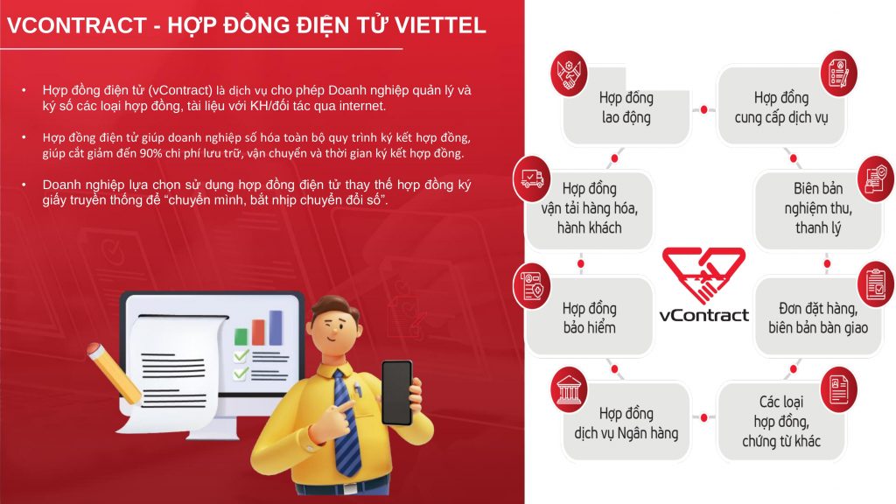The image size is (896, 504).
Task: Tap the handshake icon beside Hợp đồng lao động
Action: click(569, 73)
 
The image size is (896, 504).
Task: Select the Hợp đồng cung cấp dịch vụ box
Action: click(781, 106)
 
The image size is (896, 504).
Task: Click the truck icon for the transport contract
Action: click(532, 178)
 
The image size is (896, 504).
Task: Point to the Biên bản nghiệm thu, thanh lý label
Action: click(818, 208)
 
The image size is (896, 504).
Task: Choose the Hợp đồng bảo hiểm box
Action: click(589, 316)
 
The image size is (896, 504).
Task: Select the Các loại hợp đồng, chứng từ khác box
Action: click(781, 421)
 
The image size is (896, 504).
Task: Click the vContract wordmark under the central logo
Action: click(704, 315)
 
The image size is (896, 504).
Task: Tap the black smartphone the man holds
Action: click(397, 393)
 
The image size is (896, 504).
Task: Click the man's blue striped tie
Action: click(346, 423)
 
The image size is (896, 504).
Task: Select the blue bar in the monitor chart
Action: click(276, 327)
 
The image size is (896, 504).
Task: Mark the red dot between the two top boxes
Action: click(704, 109)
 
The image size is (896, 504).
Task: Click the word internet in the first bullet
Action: click(362, 106)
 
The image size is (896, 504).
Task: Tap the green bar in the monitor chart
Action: click(241, 337)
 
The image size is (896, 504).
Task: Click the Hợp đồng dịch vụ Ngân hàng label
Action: click(626, 423)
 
